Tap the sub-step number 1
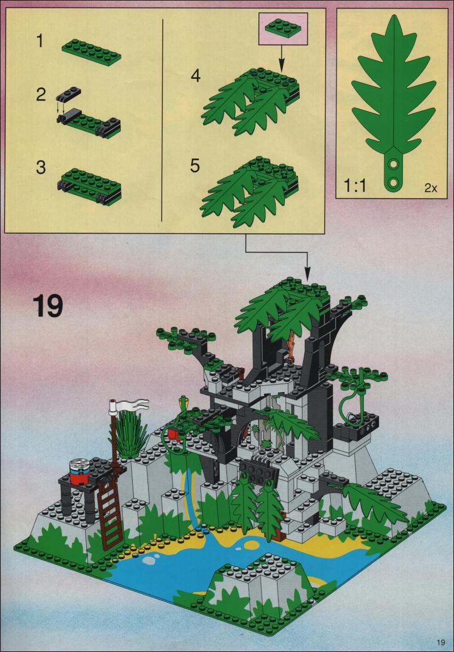click(x=40, y=41)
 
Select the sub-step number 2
click(x=40, y=95)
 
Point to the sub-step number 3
click(x=40, y=167)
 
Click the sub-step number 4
click(x=195, y=76)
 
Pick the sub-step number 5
click(x=195, y=166)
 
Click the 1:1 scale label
click(x=355, y=187)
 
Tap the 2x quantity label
click(x=431, y=188)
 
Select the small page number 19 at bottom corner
click(x=441, y=640)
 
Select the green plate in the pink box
click(x=283, y=28)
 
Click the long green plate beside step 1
click(x=91, y=53)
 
